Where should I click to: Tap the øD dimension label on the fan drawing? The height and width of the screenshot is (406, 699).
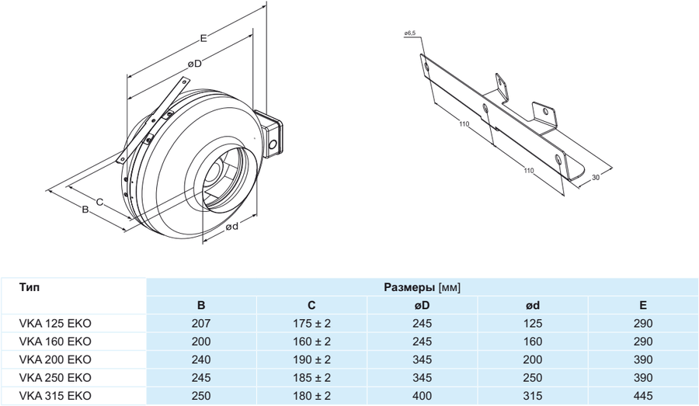pyautogui.click(x=193, y=64)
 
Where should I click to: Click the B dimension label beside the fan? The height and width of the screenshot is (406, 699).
pyautogui.click(x=86, y=209)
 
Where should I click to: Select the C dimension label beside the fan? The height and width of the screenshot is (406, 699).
pyautogui.click(x=100, y=202)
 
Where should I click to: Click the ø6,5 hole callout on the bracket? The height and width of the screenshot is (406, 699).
pyautogui.click(x=411, y=34)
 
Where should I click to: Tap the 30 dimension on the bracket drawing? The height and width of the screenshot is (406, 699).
pyautogui.click(x=596, y=178)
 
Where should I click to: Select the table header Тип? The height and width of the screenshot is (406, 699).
pyautogui.click(x=30, y=287)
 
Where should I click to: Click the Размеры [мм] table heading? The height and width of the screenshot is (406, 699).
pyautogui.click(x=423, y=287)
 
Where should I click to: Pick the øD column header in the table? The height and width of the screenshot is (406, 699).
pyautogui.click(x=423, y=306)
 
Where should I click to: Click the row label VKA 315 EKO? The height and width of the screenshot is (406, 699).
pyautogui.click(x=54, y=395)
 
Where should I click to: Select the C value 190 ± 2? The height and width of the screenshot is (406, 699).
pyautogui.click(x=311, y=359)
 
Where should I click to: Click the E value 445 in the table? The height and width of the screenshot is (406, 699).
pyautogui.click(x=643, y=395)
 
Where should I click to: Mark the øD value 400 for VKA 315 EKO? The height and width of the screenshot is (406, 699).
pyautogui.click(x=423, y=395)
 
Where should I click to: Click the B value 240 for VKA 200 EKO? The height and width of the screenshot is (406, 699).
pyautogui.click(x=200, y=359)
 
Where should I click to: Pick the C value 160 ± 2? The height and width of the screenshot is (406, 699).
pyautogui.click(x=311, y=342)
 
